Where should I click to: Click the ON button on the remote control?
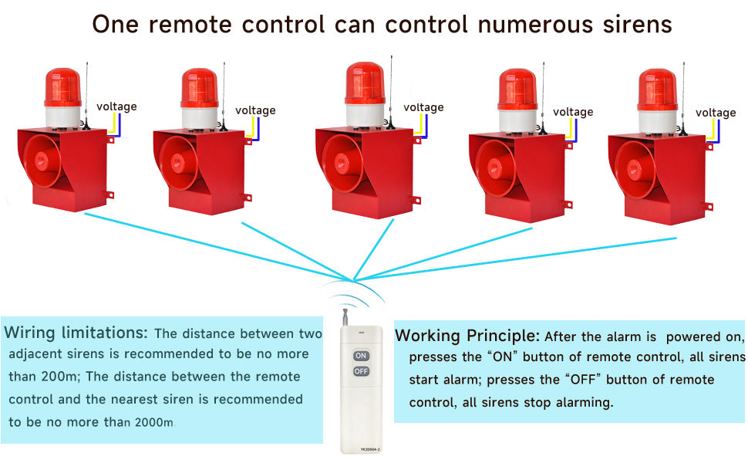[x=361, y=356]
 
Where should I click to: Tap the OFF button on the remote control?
[x=361, y=371]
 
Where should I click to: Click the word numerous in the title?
[x=535, y=25]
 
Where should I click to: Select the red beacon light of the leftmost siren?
[x=63, y=87]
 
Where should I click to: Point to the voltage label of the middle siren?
[x=423, y=107]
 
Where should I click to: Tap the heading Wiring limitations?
[x=76, y=333]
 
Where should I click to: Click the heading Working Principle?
[x=467, y=336]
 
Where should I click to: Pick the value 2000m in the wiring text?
[x=154, y=422]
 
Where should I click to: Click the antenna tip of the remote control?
[x=344, y=310]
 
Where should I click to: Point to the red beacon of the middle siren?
[x=365, y=83]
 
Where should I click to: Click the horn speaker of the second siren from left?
[x=179, y=164]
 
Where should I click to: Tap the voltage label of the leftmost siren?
[x=116, y=106]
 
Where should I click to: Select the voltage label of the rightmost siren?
[x=716, y=113]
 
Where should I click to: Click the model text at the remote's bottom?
[x=370, y=449]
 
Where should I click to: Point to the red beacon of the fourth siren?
[x=517, y=90]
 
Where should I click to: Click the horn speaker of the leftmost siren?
[x=43, y=161]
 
